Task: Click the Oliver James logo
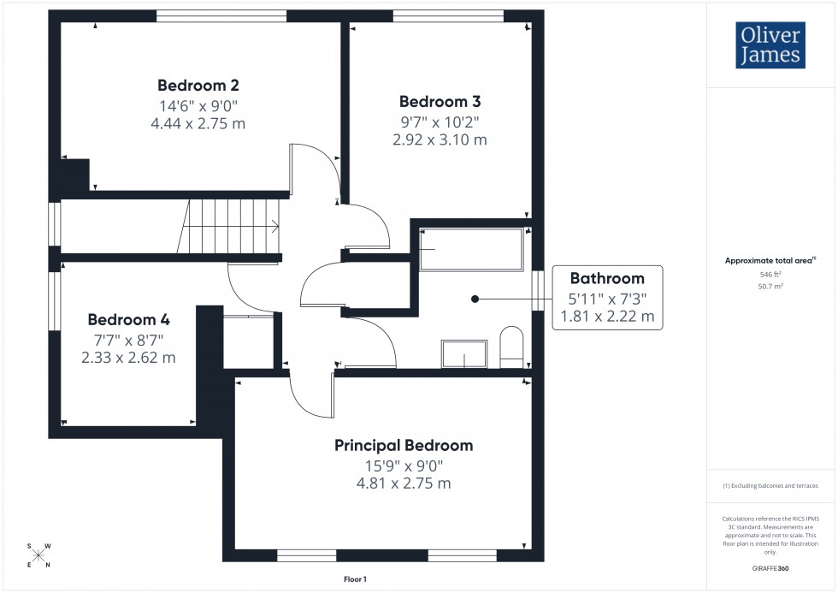pos(769,45)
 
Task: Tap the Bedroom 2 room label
pos(198,86)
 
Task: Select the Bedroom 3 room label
pos(440,101)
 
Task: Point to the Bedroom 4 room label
pos(128,320)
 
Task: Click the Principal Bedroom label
pos(403,445)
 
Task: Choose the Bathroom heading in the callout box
pos(607,278)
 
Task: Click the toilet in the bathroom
pos(511,347)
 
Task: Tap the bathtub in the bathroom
pos(470,249)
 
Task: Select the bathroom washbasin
pos(463,353)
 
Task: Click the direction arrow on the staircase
pos(274,227)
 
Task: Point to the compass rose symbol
pos(39,554)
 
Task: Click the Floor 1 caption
pos(354,579)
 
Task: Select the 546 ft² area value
pos(771,274)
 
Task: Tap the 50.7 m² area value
pos(771,287)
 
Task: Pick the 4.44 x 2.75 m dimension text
pos(198,123)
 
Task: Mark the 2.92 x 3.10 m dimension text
pos(440,139)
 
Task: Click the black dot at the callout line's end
pos(475,299)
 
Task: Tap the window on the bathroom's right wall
pos(537,291)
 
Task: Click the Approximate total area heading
pos(770,260)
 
